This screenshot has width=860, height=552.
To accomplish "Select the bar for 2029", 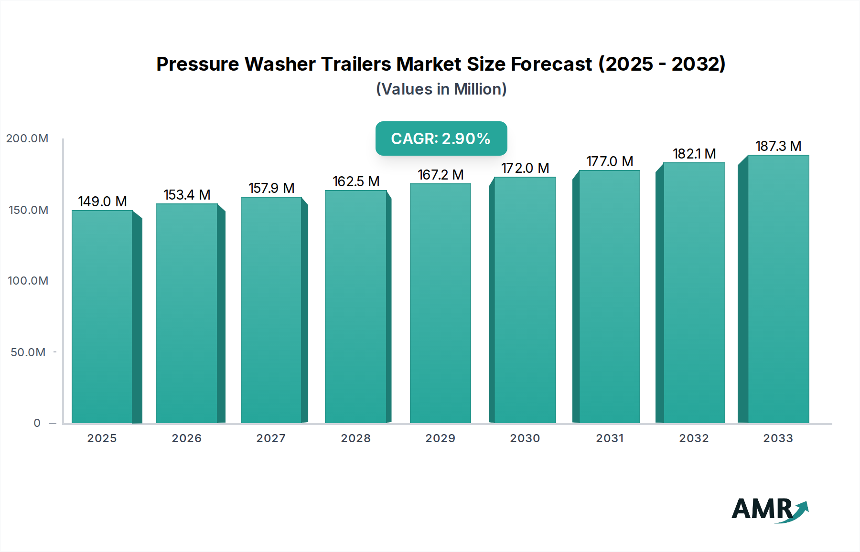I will pos(440,303).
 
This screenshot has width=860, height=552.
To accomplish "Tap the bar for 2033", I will pos(778,289).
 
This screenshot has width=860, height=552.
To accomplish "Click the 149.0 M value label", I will pos(102,202).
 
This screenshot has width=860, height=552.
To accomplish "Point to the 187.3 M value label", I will pos(778,146).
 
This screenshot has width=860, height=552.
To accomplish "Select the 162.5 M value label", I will pos(356,181).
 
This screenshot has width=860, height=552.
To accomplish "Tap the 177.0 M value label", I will pos(610,161).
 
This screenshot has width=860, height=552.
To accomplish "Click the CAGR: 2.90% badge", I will pos(441,138).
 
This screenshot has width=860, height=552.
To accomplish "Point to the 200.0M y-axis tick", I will pos(27,138).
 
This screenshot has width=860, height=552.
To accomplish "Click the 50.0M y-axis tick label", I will pos(28,352).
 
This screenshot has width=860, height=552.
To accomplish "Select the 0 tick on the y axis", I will pos(37,423).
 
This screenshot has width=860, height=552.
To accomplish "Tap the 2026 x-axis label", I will pos(186,438).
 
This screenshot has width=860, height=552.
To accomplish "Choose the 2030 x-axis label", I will pos(525,438).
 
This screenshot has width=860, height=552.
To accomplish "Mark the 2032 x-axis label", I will pos(694,438).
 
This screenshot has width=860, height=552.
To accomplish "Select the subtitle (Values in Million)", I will pos(441,89).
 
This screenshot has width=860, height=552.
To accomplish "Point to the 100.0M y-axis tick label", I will pos(28,281).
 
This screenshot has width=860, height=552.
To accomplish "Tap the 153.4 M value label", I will pos(187,195).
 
